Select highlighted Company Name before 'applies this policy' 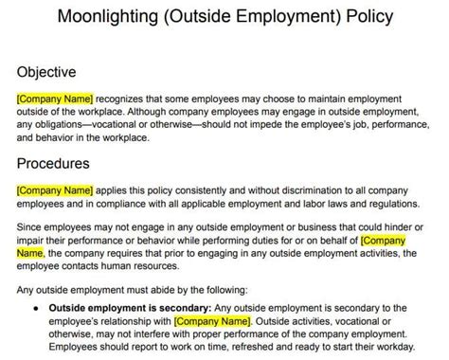coord(53,189)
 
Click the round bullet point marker coord(35,307)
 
